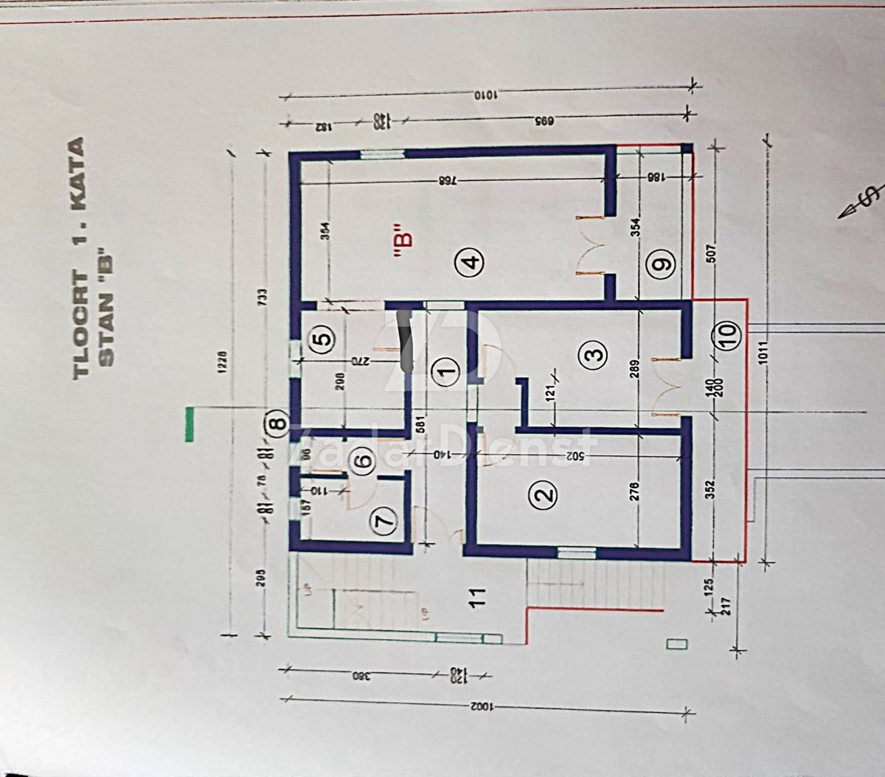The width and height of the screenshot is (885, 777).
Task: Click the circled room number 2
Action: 544,495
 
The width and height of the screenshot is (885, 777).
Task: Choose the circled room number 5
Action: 322,339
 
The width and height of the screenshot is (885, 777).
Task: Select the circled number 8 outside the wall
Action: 276,424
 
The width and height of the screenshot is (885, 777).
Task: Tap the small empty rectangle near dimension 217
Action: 676,643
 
